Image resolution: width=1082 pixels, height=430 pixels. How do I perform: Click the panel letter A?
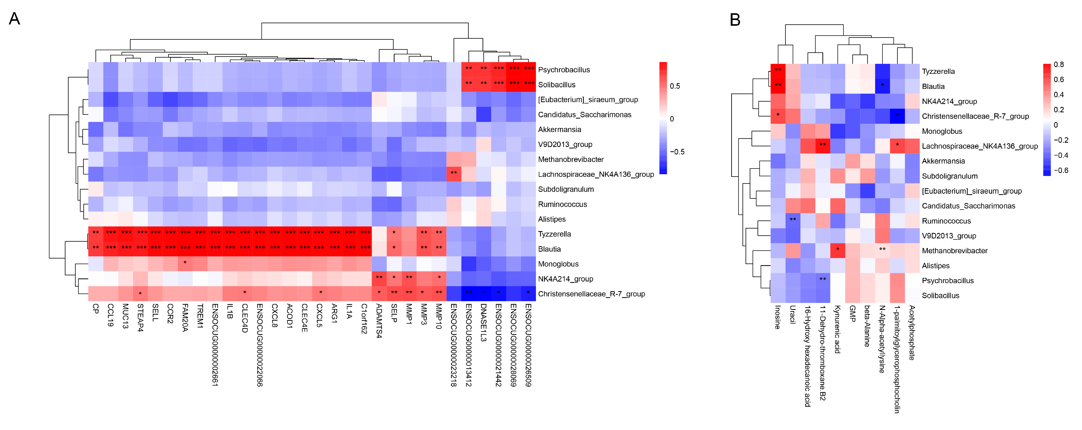pyautogui.click(x=14, y=19)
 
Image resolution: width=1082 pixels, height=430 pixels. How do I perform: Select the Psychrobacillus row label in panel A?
pyautogui.click(x=564, y=70)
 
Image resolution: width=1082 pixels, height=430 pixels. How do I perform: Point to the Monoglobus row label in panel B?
pyautogui.click(x=942, y=131)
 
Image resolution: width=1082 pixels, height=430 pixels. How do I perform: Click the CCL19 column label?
pyautogui.click(x=110, y=315)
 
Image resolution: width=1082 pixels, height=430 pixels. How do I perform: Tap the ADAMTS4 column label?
pyautogui.click(x=379, y=321)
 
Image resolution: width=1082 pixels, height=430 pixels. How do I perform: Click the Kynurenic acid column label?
pyautogui.click(x=837, y=329)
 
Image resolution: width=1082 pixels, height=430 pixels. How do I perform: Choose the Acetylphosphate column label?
pyautogui.click(x=911, y=333)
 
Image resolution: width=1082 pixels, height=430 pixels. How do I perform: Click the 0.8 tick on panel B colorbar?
pyautogui.click(x=1059, y=65)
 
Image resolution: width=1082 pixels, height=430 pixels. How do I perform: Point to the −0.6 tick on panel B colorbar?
pyautogui.click(x=1061, y=170)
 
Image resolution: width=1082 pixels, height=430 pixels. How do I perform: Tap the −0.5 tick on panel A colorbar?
pyautogui.click(x=677, y=152)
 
